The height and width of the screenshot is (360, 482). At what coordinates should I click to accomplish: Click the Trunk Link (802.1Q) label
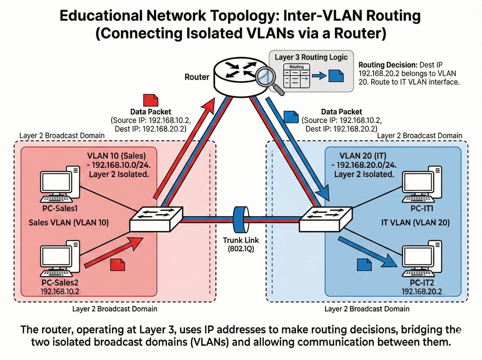pos(241,245)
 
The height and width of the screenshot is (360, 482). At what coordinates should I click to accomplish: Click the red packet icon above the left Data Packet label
pos(151,101)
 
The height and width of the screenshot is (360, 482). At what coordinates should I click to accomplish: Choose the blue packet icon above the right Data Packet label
pos(291,117)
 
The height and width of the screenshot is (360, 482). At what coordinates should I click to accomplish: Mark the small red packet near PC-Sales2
pos(118,264)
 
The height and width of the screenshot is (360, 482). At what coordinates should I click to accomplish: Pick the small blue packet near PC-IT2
pos(364,264)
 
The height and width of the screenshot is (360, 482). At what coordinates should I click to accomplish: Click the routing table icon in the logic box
pos(296,76)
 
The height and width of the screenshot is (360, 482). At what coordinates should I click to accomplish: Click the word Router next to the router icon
pos(197,76)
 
